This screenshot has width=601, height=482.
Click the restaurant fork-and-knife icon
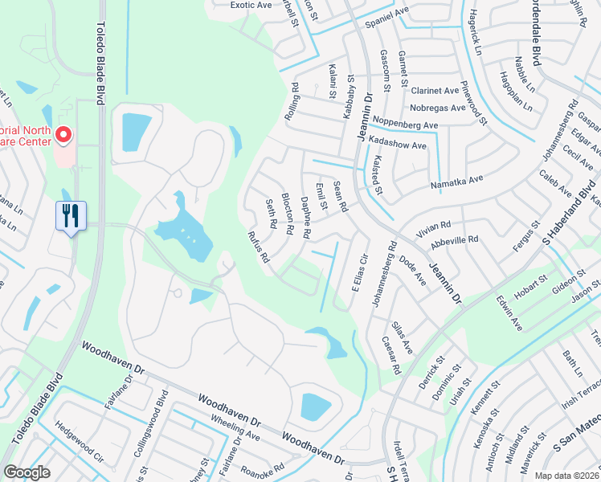point(71,215)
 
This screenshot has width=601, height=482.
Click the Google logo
point(27,472)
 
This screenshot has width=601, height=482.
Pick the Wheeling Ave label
point(235,435)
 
